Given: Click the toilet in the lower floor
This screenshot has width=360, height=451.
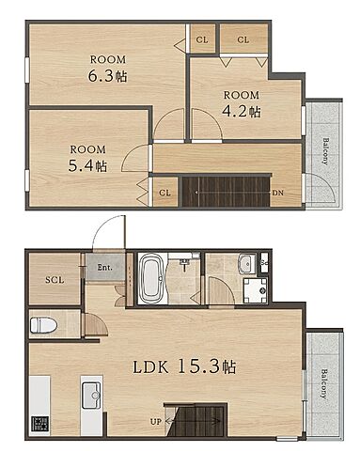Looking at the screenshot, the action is (x=43, y=325).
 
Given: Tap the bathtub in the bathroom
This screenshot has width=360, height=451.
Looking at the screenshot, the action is (x=151, y=278).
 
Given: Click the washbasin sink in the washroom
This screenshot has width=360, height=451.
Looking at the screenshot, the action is (x=247, y=263).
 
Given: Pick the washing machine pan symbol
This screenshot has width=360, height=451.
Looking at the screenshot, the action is (x=256, y=290).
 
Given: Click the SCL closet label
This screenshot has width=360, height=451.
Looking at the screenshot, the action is (x=55, y=280).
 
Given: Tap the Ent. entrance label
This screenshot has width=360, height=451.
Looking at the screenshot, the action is (x=104, y=268).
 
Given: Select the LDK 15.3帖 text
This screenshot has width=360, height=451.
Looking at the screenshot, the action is (x=184, y=366).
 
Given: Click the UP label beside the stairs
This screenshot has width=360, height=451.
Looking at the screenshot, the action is (x=156, y=422).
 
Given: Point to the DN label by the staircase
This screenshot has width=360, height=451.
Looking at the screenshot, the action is (x=277, y=193).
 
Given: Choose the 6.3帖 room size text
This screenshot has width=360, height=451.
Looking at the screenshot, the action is (x=107, y=76).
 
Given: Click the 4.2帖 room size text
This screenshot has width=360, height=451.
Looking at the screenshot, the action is (x=241, y=111).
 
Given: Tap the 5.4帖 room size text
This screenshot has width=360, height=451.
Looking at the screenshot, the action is (x=87, y=166).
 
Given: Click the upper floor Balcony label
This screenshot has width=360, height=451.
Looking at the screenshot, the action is (x=325, y=151).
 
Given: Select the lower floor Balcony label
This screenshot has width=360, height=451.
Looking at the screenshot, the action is (x=323, y=384).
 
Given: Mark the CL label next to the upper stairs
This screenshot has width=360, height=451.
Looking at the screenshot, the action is (x=164, y=193).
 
